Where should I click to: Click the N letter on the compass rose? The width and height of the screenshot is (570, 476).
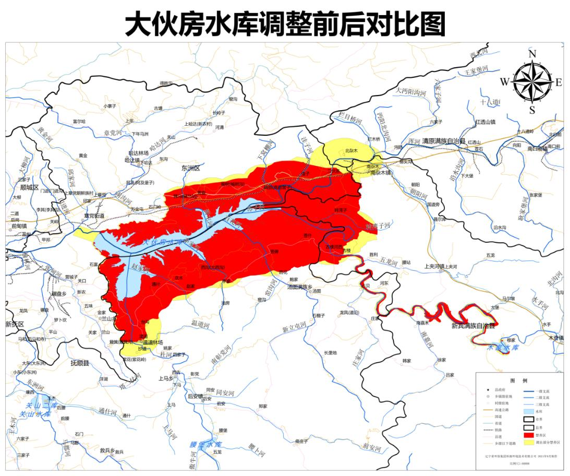(532, 54)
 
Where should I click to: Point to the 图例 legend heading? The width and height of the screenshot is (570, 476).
(519, 380)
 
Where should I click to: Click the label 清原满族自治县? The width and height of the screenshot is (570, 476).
(444, 141)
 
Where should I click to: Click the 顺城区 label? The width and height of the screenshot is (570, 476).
(29, 187)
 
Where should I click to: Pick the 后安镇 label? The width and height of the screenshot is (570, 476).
(195, 397)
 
